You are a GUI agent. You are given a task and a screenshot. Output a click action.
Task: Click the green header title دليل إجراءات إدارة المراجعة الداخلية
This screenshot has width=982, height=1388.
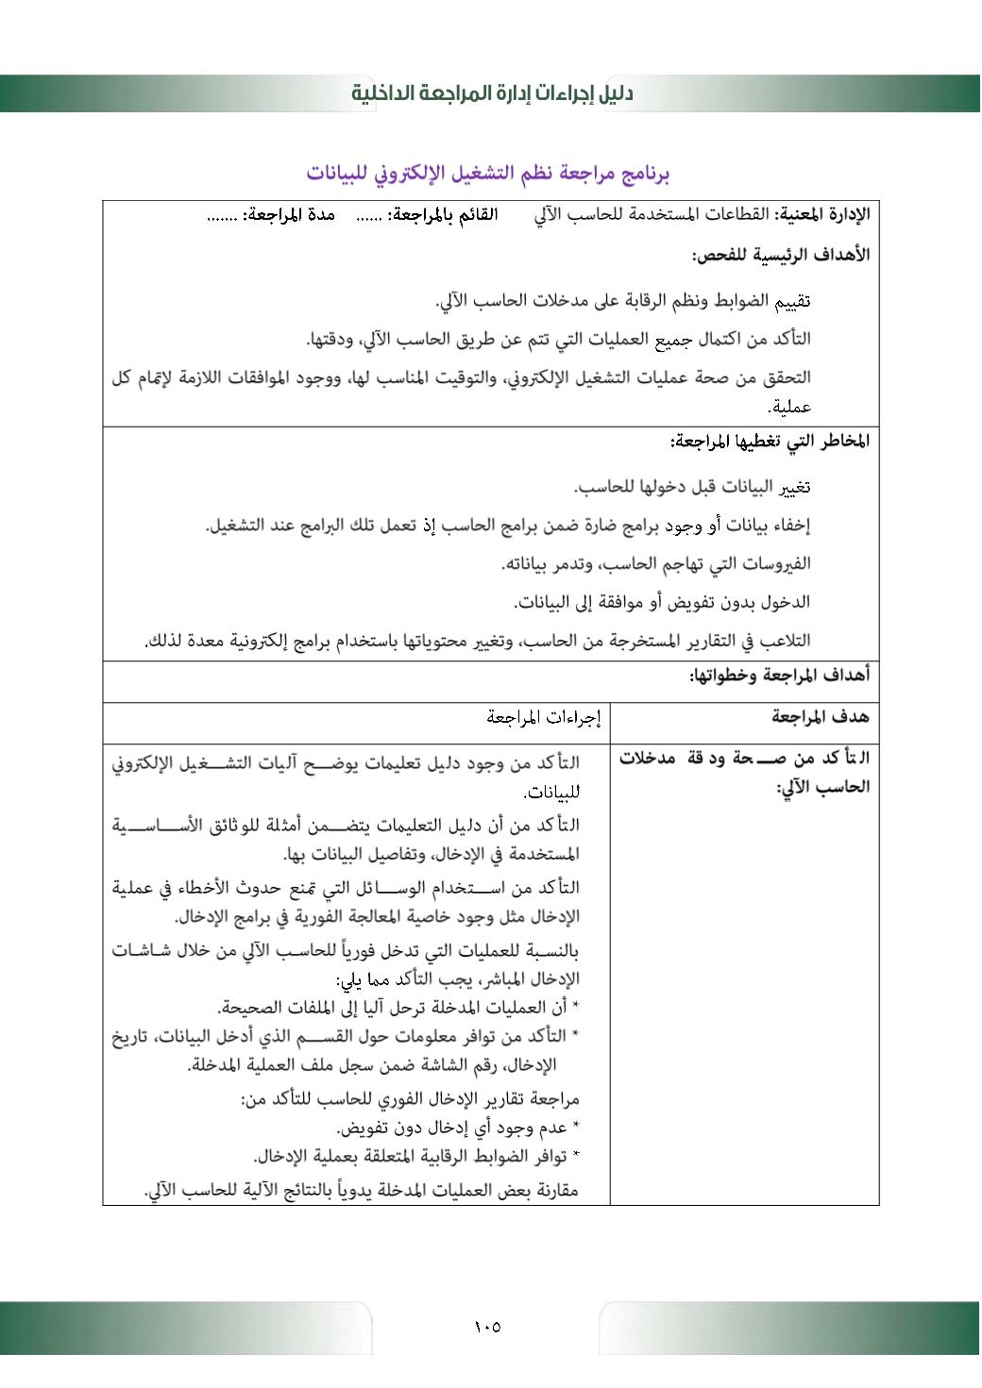(x=491, y=93)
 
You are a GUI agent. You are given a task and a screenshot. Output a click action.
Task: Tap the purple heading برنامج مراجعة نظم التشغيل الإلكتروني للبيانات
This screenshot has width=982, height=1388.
(x=488, y=174)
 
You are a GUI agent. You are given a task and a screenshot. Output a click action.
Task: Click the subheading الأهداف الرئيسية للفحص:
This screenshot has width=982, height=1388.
(x=781, y=255)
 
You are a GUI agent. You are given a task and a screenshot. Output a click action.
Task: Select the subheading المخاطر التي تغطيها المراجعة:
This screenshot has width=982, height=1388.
(x=770, y=441)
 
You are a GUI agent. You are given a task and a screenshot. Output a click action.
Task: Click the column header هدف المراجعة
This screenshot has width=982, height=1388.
(x=820, y=717)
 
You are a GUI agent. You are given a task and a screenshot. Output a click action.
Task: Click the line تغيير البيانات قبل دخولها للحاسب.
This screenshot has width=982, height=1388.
(x=692, y=487)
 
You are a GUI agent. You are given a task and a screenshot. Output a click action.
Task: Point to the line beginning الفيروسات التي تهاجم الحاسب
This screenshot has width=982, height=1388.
(x=655, y=563)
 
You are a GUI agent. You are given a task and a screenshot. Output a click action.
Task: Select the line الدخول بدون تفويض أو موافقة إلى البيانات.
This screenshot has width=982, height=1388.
(x=662, y=602)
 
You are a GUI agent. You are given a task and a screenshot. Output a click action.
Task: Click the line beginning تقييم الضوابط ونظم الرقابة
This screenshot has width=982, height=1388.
(x=623, y=301)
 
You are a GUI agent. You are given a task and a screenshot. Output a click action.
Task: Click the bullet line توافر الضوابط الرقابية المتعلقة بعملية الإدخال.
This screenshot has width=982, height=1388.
(x=415, y=1157)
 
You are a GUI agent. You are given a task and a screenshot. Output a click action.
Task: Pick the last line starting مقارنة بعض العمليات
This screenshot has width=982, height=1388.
(x=362, y=1191)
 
